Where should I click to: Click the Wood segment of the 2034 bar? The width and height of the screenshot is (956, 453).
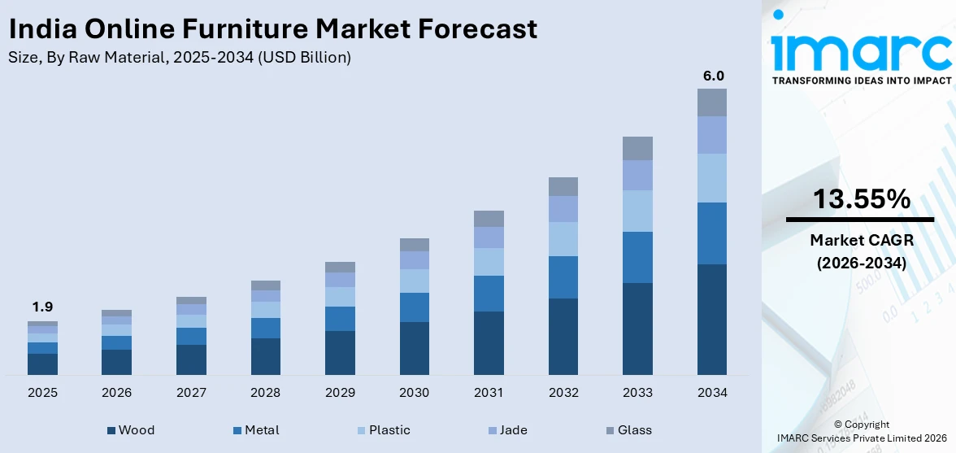[x=711, y=319]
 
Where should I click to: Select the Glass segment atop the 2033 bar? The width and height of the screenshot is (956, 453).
[x=637, y=148]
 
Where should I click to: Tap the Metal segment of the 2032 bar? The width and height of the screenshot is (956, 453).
[x=563, y=277]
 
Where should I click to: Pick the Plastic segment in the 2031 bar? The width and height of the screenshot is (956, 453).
[x=489, y=262]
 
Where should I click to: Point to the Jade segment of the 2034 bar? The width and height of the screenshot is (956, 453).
[x=711, y=135]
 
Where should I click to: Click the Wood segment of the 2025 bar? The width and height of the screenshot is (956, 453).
[x=42, y=364]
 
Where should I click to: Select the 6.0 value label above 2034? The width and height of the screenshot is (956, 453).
[x=713, y=76]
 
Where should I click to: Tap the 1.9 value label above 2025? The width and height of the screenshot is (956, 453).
[x=42, y=307]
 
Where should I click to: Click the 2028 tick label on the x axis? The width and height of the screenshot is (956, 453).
[x=265, y=393]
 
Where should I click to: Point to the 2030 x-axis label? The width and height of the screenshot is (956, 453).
[x=414, y=393]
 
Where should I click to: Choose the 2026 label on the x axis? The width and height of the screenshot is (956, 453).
[x=116, y=393]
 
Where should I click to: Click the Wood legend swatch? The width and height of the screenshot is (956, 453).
[x=111, y=430]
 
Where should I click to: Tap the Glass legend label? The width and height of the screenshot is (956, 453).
[x=634, y=430]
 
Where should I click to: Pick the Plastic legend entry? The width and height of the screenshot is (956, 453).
[x=389, y=430]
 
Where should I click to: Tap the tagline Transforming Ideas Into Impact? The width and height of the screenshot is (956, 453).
[x=861, y=81]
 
